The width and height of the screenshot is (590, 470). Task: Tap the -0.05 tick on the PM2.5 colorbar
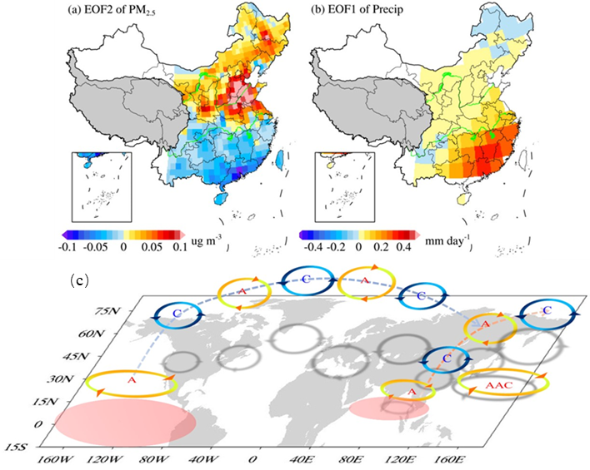click(96, 247)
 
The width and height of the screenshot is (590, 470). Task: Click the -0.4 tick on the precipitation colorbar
click(314, 247)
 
